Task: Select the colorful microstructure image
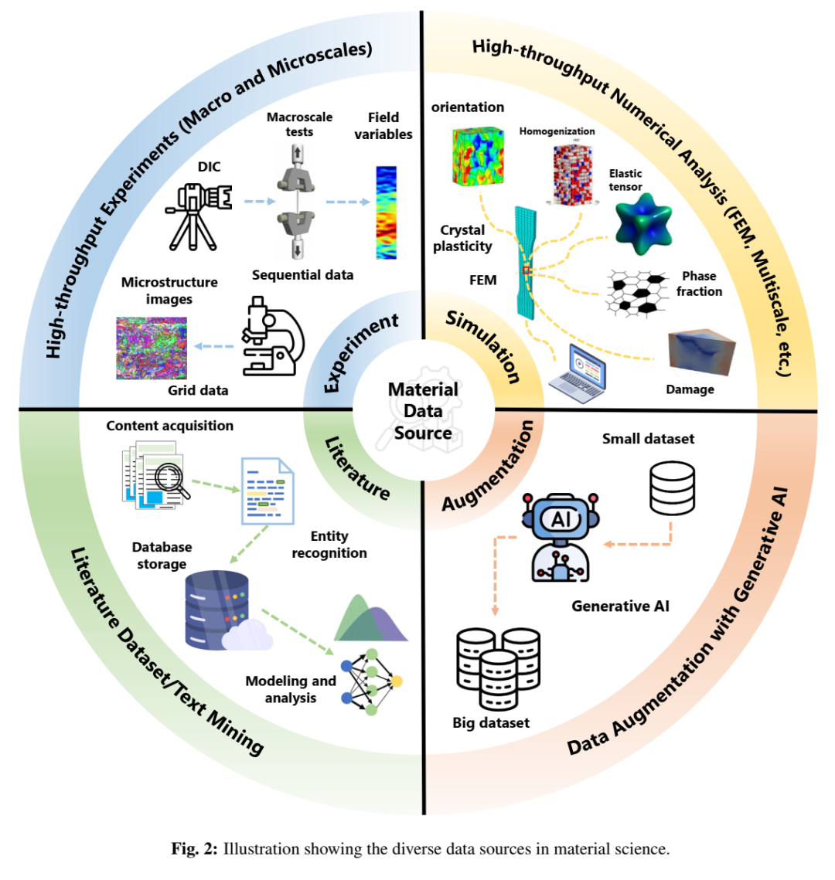(x=152, y=348)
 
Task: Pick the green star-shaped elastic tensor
(x=642, y=224)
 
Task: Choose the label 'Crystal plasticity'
(x=462, y=238)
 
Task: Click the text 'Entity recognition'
(x=329, y=545)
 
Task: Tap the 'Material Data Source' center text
(x=423, y=411)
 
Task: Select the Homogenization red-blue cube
(x=572, y=173)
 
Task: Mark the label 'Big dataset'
(x=491, y=723)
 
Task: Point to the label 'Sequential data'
(x=302, y=275)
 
